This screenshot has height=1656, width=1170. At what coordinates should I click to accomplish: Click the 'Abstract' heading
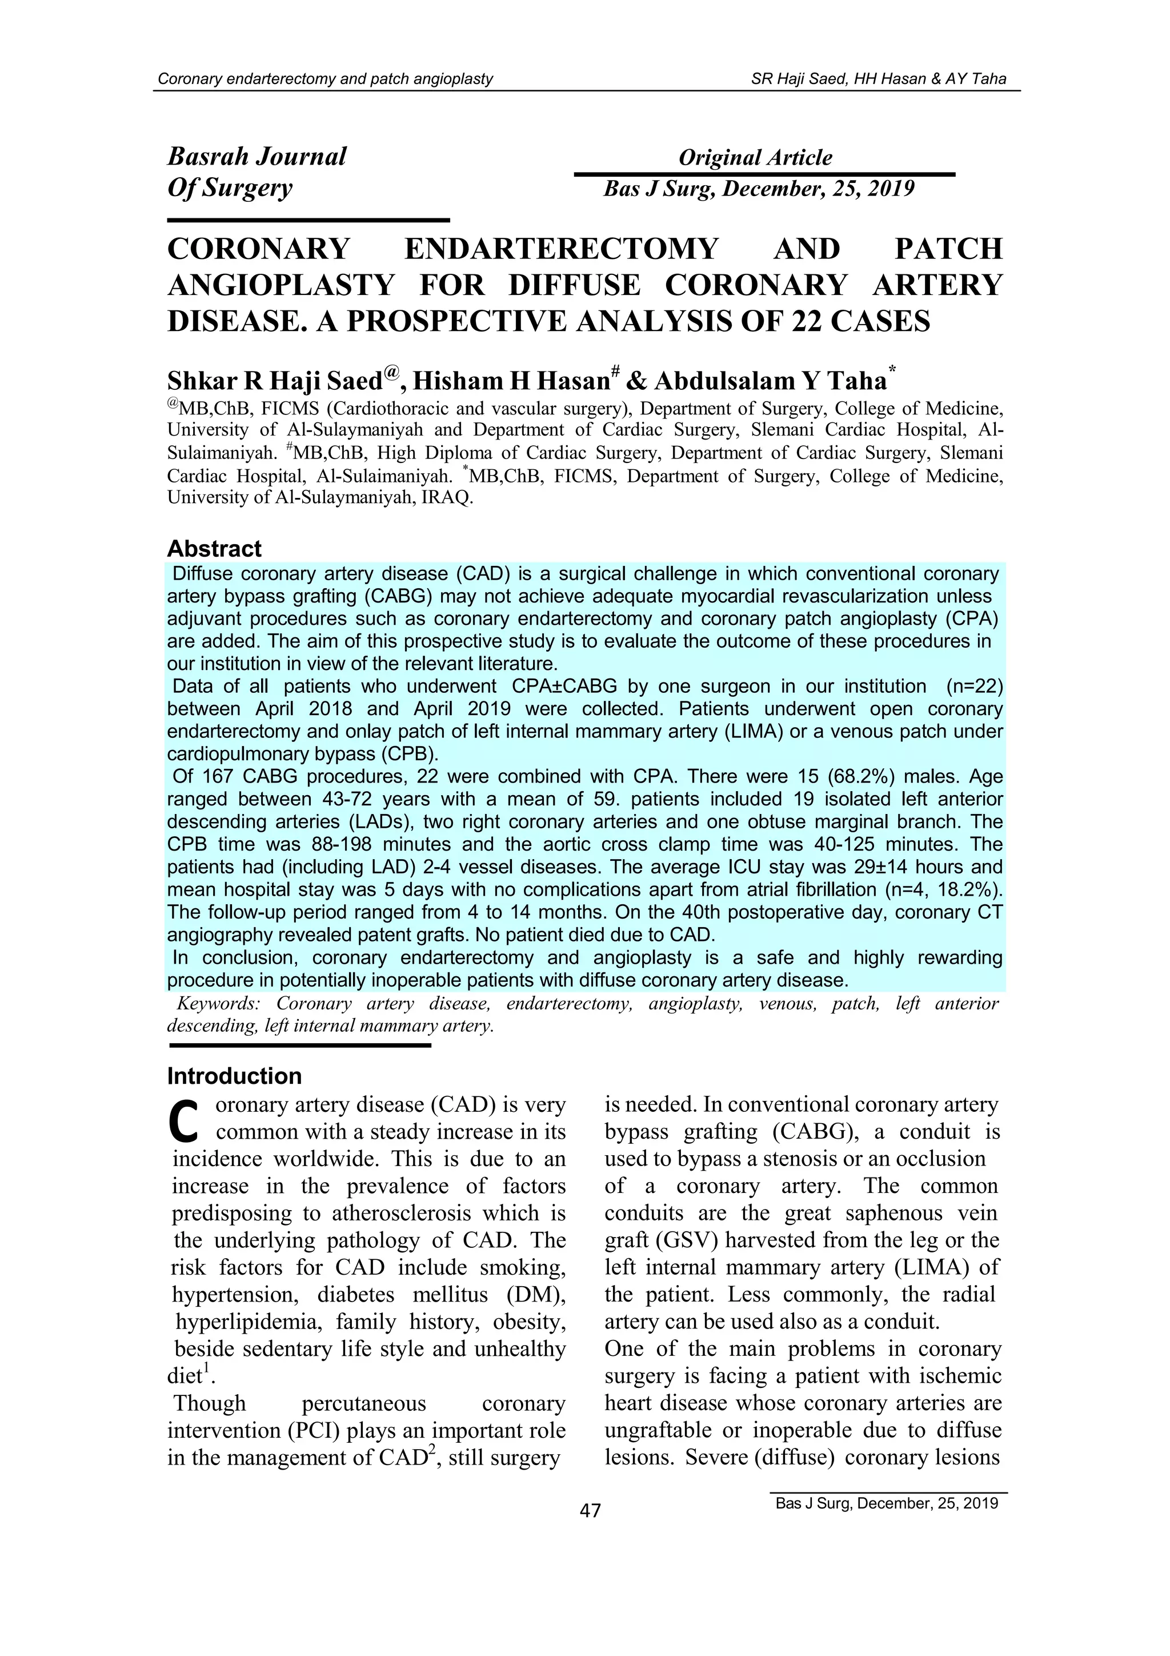(214, 549)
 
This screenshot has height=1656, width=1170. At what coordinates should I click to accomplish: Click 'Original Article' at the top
(755, 157)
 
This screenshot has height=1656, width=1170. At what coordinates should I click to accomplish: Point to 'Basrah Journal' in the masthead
(257, 157)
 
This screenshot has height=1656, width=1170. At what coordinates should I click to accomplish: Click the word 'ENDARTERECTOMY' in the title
(561, 249)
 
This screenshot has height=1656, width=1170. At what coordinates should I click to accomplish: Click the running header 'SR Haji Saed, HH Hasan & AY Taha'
(878, 79)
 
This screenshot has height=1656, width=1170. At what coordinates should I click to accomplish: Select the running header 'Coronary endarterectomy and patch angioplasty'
(325, 79)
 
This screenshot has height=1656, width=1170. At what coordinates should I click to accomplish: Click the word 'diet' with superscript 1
(186, 1376)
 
